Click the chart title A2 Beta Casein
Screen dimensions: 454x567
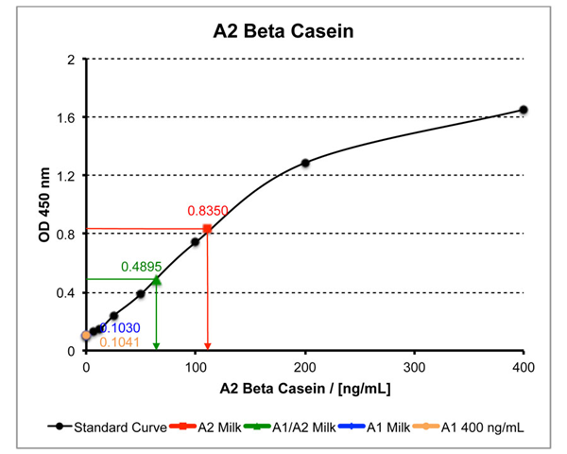pos(283,32)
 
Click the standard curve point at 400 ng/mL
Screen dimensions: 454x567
pos(524,110)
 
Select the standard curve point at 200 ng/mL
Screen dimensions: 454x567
pos(305,163)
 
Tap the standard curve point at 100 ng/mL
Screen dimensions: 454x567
pos(196,241)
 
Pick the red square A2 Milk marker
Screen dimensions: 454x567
pos(207,229)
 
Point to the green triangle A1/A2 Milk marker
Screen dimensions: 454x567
pos(157,279)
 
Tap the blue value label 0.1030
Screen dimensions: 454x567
pos(121,327)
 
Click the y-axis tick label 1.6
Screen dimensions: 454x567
pos(66,117)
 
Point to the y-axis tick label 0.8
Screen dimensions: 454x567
pos(66,234)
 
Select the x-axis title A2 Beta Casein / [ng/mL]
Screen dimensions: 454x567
pos(304,388)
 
